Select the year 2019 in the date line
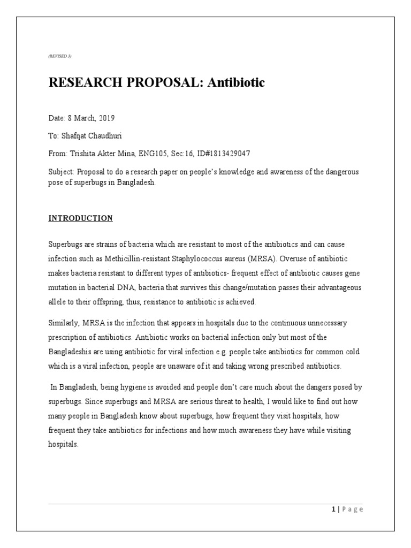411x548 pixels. pos(106,118)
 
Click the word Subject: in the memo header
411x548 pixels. pos(61,171)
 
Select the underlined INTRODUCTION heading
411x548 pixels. pos(81,218)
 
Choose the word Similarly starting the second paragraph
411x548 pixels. pos(63,323)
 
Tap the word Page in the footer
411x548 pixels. pos(352,509)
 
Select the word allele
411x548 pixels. pos(57,302)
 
